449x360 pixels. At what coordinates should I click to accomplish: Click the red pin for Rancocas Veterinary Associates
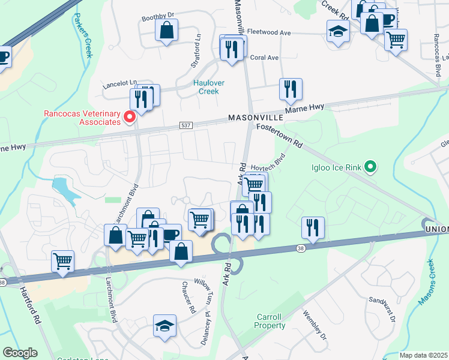(128, 116)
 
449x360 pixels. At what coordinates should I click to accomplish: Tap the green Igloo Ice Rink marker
(370, 167)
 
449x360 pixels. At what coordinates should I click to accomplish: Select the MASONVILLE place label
(252, 119)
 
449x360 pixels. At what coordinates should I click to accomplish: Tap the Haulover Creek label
(206, 87)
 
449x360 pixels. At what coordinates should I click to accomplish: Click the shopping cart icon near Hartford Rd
(62, 260)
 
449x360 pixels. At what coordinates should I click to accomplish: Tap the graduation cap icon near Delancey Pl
(164, 325)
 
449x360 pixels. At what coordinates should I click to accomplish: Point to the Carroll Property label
(270, 321)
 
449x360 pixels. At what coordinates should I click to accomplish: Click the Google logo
(20, 353)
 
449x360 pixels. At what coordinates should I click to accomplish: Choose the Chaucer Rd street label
(189, 299)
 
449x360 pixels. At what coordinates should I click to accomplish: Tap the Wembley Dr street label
(314, 325)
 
